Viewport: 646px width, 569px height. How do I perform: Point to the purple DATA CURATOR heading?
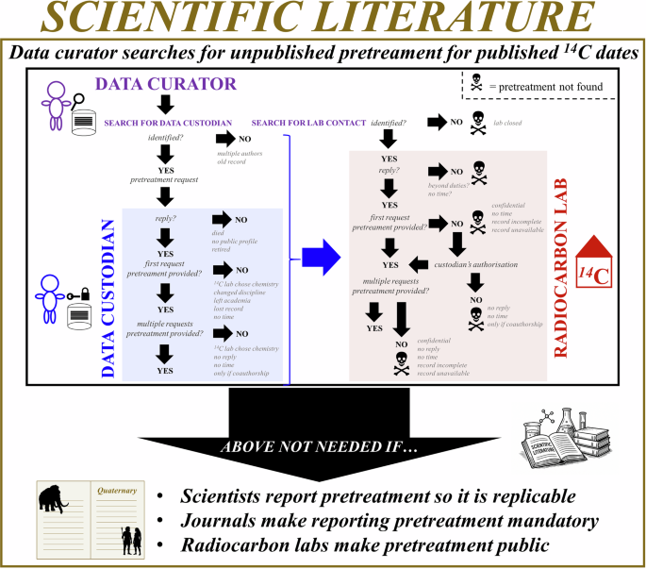(178, 83)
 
